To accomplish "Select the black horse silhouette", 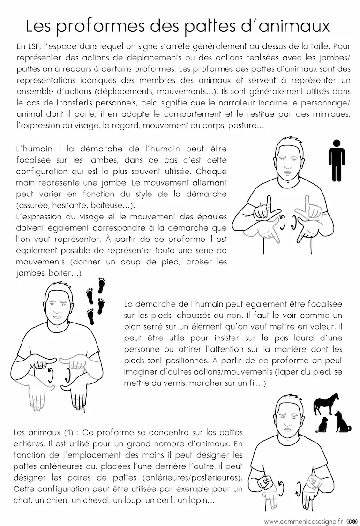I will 327,404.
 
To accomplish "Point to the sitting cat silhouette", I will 322,425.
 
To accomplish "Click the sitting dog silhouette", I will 342,421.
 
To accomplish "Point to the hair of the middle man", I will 59,288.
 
